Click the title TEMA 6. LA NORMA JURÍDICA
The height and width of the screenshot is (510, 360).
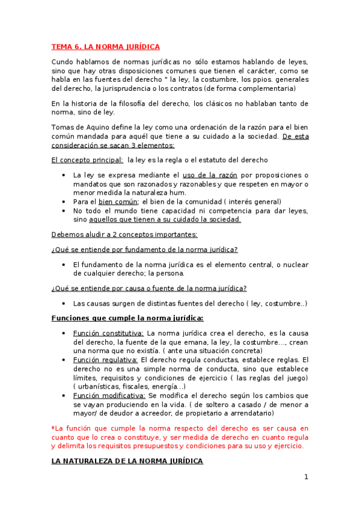105,46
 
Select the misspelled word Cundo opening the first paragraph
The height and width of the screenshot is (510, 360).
63,61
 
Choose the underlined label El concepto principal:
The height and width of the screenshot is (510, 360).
88,160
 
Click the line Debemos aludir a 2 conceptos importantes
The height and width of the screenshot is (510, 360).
124,234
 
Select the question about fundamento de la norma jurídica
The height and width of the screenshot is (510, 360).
144,249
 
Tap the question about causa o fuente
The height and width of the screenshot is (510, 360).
149,288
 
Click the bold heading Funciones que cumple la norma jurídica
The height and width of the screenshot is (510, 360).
127,318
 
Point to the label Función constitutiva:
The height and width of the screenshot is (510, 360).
108,333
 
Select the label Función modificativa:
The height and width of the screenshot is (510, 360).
109,396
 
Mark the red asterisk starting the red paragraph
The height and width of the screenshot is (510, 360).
53,428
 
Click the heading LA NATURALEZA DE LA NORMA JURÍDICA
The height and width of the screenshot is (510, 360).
127,461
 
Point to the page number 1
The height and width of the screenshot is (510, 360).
306,478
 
